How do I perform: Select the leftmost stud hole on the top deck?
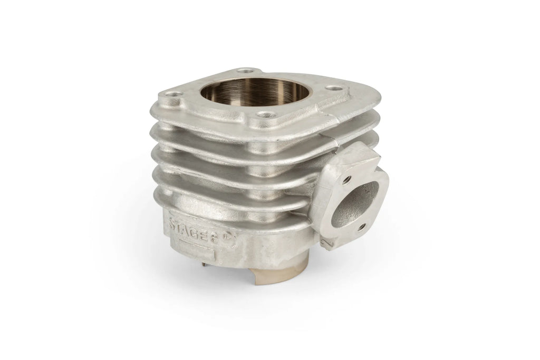point(172,93)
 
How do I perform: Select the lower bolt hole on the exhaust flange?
point(360,227)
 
